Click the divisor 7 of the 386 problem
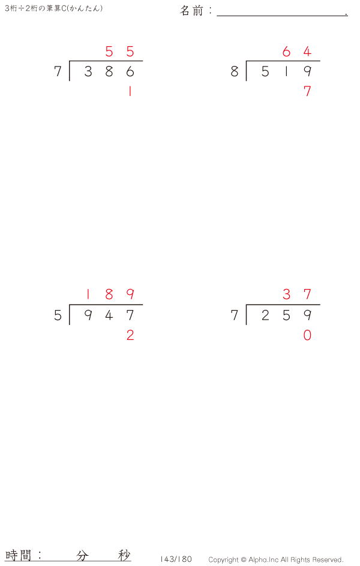click(58, 71)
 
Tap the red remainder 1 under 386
click(130, 91)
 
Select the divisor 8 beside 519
click(235, 71)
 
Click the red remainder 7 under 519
click(307, 91)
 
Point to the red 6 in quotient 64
click(286, 52)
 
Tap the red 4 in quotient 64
click(307, 52)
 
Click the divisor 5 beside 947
click(58, 315)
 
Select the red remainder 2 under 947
click(130, 335)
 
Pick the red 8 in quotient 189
click(109, 294)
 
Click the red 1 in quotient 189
click(88, 294)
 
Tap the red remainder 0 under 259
click(307, 335)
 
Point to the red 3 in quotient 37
click(286, 294)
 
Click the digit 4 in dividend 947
click(109, 315)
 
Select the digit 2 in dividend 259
click(265, 315)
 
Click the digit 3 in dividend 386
click(88, 71)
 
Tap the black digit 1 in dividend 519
click(286, 71)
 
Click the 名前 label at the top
click(191, 11)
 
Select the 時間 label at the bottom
click(18, 555)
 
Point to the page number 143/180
click(176, 559)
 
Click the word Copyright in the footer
click(223, 560)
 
